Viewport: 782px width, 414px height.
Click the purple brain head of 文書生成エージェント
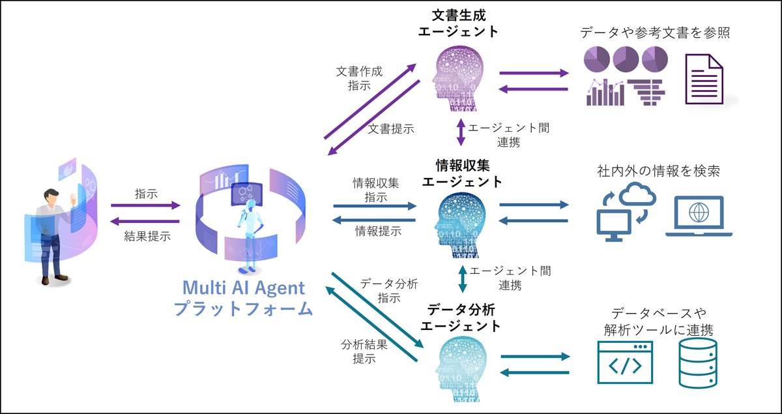pos(458,78)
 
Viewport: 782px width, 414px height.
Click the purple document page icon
pos(704,79)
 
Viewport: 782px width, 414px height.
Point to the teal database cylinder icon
pos(698,363)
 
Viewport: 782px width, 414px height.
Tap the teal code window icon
pos(625,362)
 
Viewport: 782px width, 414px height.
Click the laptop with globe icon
pos(699,216)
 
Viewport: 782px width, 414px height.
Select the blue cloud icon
pos(637,194)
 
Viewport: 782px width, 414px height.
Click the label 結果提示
pos(147,236)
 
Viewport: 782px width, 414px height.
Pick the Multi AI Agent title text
pos(244,288)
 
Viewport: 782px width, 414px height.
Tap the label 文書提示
pos(390,128)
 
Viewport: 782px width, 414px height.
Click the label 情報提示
pos(379,231)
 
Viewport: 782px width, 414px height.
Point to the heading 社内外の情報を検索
pos(658,171)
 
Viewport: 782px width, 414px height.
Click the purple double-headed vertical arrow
pos(461,132)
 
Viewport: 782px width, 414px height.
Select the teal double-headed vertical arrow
pos(463,279)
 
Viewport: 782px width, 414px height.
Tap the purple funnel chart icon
pos(646,92)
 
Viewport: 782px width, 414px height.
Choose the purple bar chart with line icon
pos(605,92)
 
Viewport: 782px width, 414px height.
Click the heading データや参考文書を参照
pos(655,33)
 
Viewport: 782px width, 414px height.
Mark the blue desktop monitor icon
pos(614,226)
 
